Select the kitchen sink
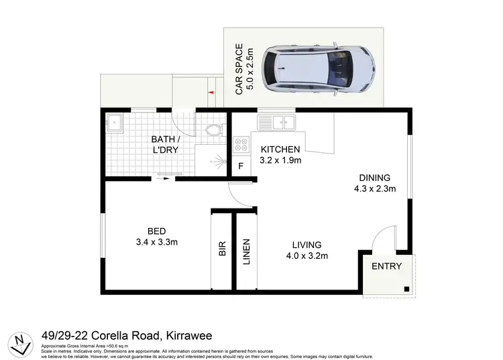point(277,122)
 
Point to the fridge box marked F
point(240,166)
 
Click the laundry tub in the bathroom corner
point(114,123)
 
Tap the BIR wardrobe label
point(222,249)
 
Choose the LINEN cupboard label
point(246,251)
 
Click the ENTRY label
point(387,266)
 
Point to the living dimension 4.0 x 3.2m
point(307,255)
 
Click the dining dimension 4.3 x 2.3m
point(374,189)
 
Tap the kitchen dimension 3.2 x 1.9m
point(281,160)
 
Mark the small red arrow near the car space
point(211,93)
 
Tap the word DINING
point(374,178)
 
